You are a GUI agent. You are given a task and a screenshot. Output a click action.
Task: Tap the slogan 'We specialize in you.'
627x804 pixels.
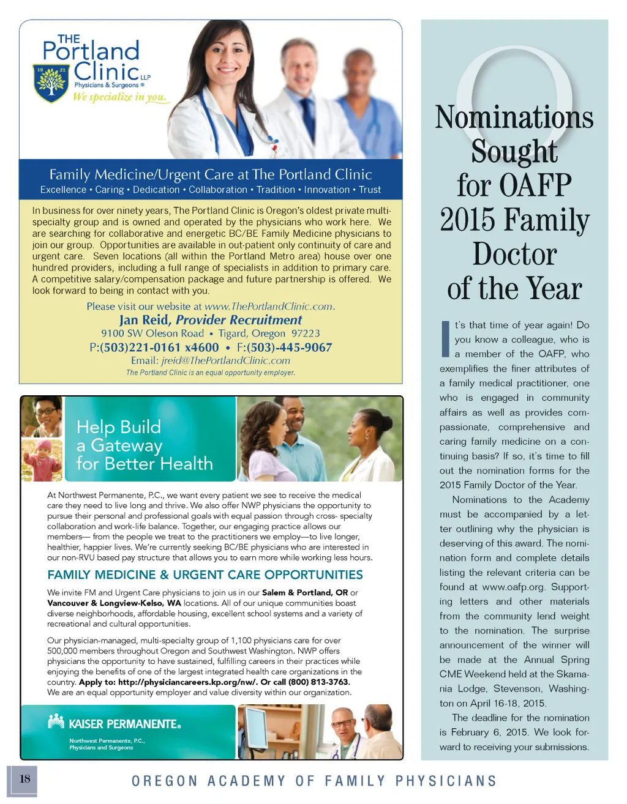click(119, 97)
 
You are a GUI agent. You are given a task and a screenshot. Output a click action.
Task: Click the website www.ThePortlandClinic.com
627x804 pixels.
click(269, 307)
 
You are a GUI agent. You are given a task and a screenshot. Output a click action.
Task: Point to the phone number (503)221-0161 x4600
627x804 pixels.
click(159, 348)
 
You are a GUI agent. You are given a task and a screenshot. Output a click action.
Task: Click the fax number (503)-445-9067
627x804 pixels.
click(290, 348)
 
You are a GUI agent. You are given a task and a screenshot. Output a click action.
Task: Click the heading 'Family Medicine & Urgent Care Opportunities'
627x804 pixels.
click(205, 575)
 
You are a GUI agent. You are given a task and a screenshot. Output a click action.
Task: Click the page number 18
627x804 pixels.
click(24, 779)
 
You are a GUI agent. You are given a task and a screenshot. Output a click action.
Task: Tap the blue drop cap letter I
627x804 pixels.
click(445, 338)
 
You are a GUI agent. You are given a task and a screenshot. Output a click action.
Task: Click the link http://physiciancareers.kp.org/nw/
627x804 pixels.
click(187, 682)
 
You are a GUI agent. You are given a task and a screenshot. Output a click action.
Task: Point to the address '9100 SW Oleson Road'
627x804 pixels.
click(152, 333)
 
